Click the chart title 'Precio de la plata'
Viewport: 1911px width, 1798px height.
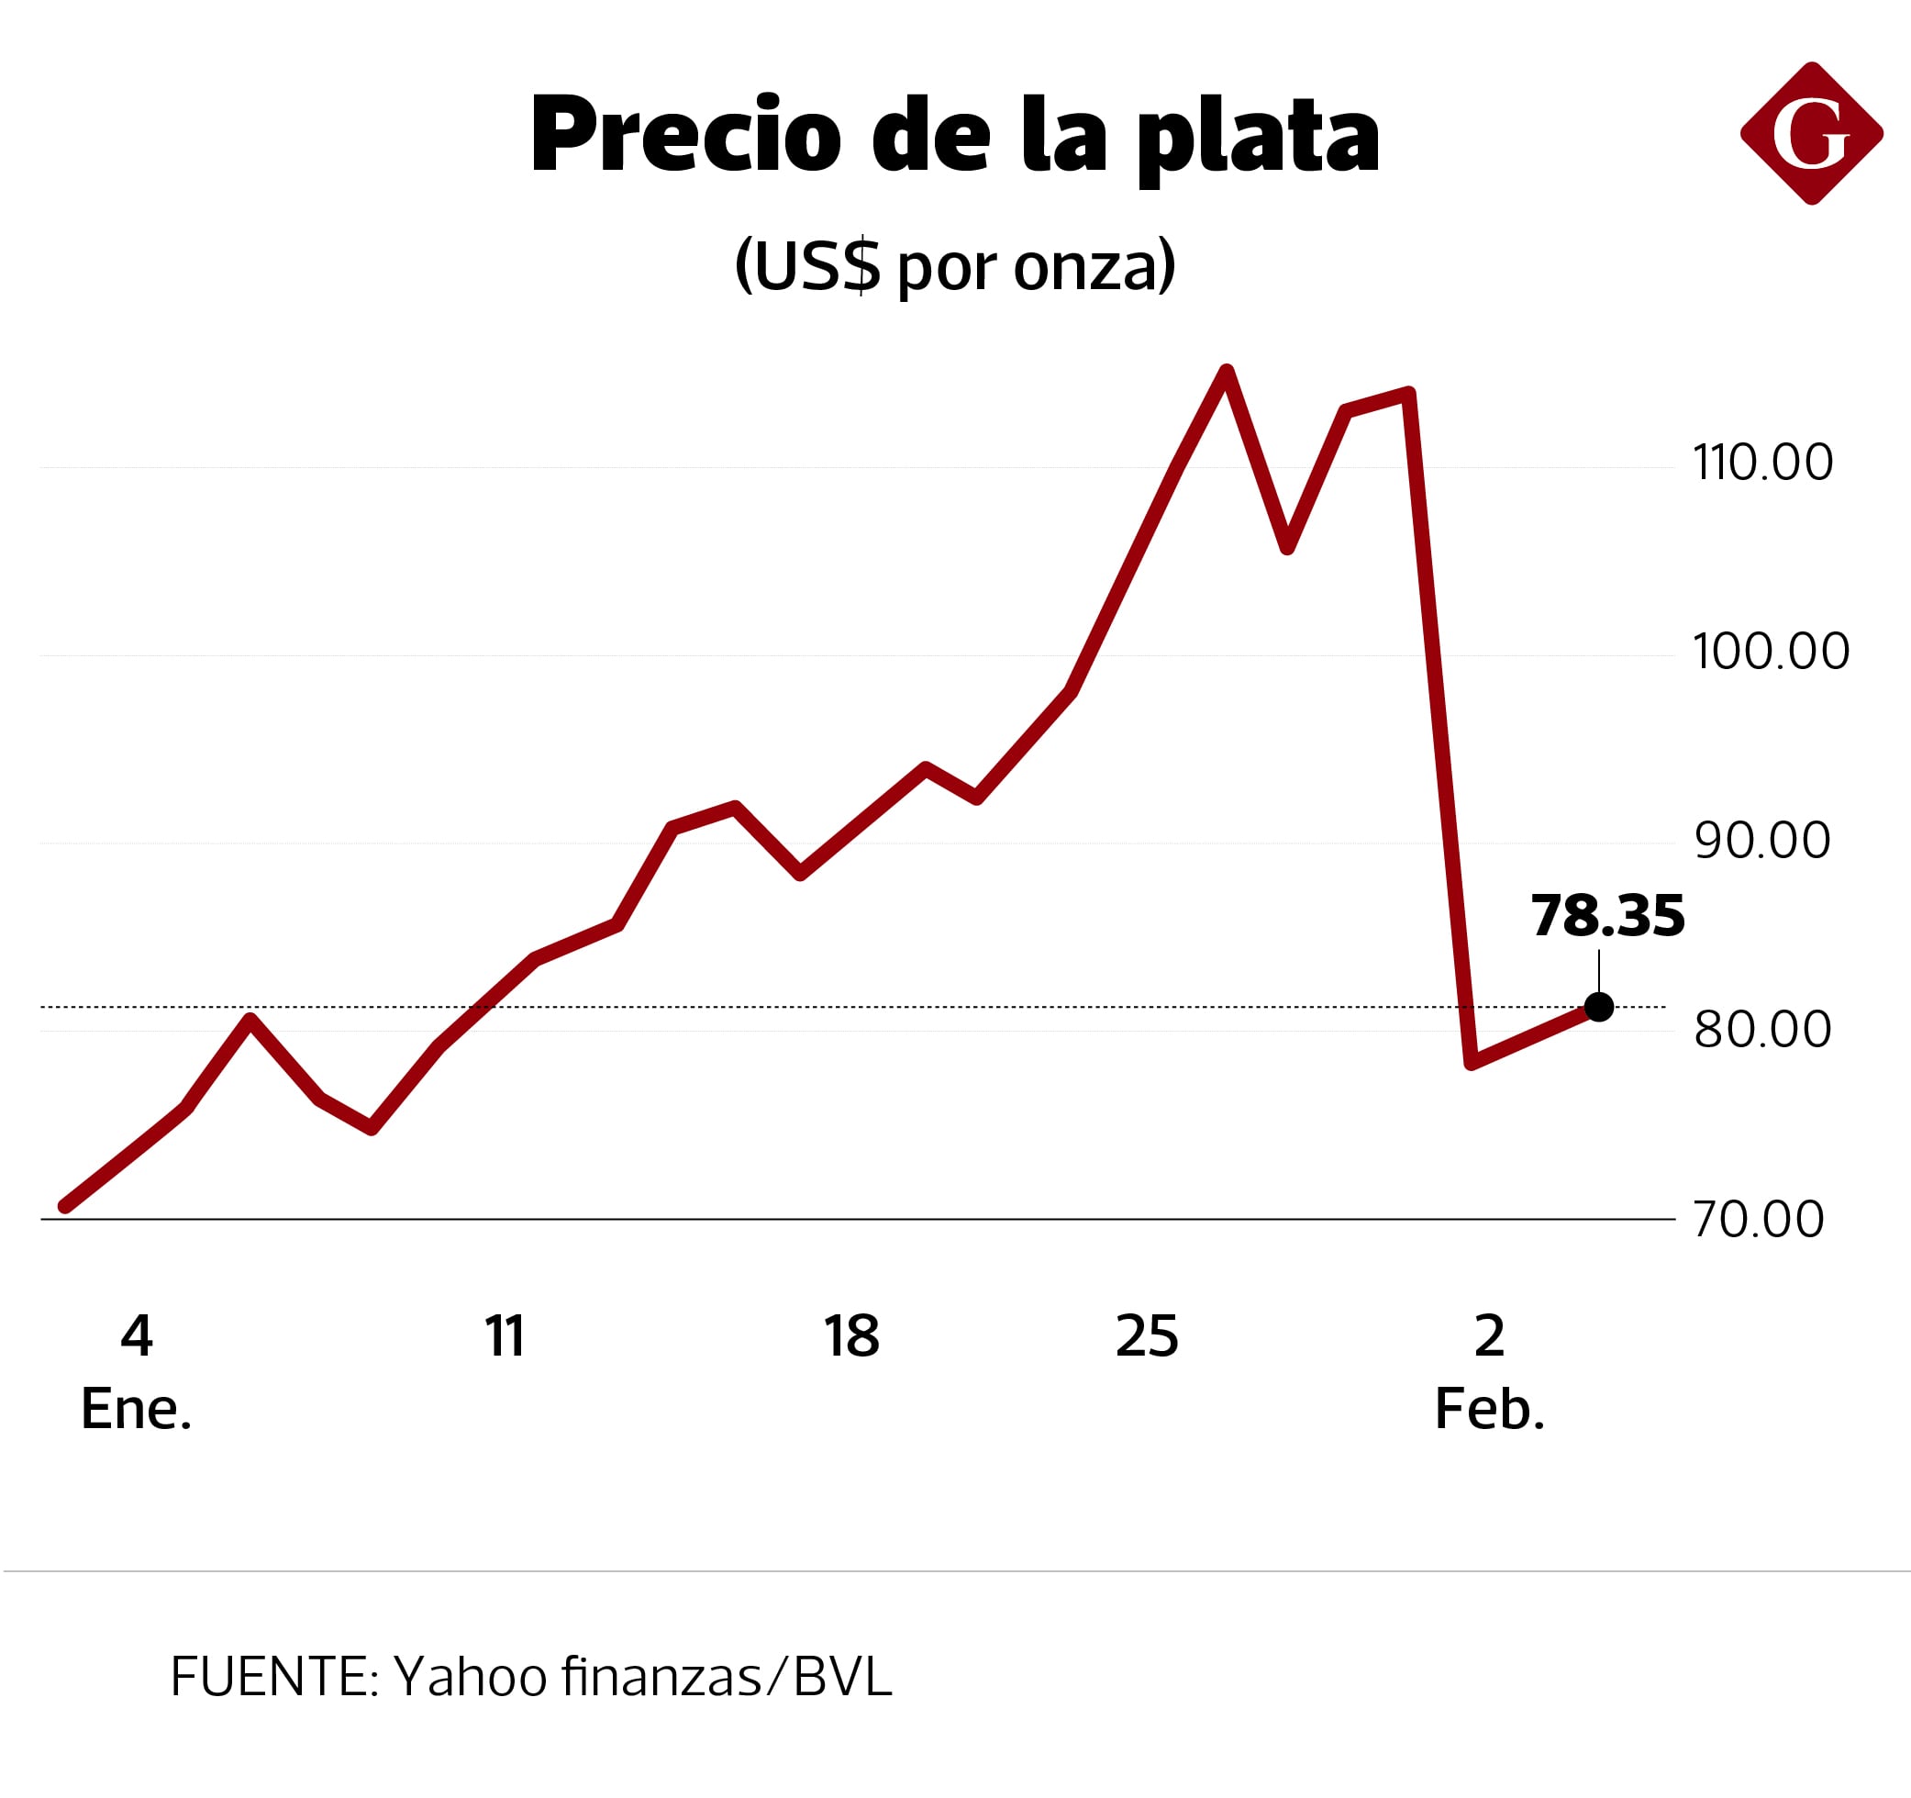[954, 136]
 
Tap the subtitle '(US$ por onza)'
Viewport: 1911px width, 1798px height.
[954, 264]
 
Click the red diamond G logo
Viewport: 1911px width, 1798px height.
[1811, 134]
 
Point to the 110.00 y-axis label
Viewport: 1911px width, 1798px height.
[1763, 463]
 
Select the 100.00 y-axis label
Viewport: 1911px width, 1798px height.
[1771, 652]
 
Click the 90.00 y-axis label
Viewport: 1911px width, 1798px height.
[1762, 842]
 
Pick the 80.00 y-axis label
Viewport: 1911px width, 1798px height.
[1762, 1030]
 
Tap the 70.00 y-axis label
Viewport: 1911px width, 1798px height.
[1758, 1219]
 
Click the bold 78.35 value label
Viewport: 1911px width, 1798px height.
[1607, 915]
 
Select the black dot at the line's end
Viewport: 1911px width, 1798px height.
[1598, 1007]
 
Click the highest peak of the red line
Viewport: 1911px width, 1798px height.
[1227, 371]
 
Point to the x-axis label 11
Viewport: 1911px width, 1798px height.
[505, 1335]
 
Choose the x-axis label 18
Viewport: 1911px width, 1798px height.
[850, 1335]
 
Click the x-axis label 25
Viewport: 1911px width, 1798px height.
[1147, 1335]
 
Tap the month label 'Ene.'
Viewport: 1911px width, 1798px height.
[137, 1410]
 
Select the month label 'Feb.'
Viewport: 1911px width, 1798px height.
[1489, 1410]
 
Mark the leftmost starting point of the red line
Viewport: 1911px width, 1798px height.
[64, 1206]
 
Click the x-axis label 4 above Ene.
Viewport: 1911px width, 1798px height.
[137, 1335]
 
